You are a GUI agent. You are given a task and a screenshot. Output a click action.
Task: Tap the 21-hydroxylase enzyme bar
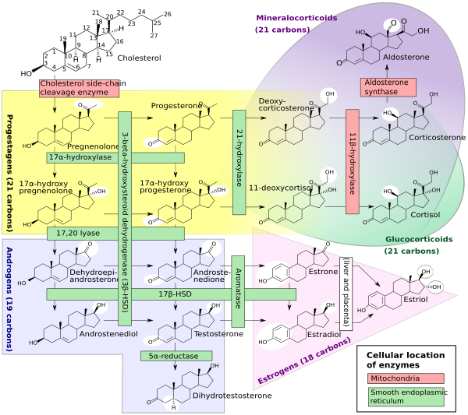click(x=239, y=163)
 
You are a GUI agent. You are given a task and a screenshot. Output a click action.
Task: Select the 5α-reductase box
click(x=176, y=357)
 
